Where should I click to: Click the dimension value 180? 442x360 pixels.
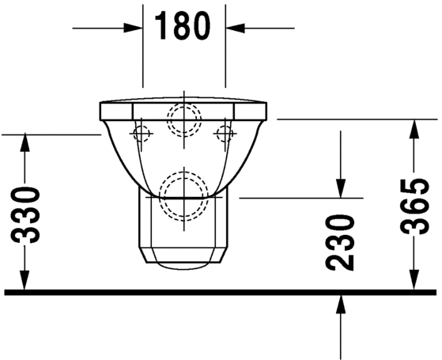pos(183,27)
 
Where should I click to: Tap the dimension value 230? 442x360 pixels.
pos(341,242)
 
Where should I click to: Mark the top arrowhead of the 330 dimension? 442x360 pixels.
pos(26,143)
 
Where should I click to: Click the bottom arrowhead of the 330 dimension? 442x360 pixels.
pos(26,282)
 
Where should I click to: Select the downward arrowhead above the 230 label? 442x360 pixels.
pos(341,188)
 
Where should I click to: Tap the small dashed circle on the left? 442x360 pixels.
pos(142,132)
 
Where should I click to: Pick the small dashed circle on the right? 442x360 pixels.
pos(225,132)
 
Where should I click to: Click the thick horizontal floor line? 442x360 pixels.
pos(221,292)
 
